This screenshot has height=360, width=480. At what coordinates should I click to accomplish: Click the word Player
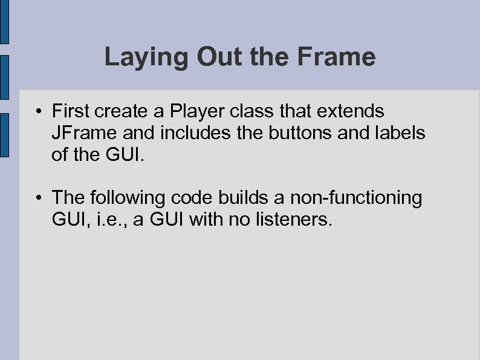(x=192, y=112)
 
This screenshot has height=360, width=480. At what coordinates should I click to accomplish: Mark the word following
(x=134, y=198)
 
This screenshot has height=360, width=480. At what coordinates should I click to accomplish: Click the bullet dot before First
(x=37, y=112)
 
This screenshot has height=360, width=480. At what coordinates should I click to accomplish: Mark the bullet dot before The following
(x=37, y=198)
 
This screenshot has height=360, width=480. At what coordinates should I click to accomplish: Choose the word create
(x=121, y=111)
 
